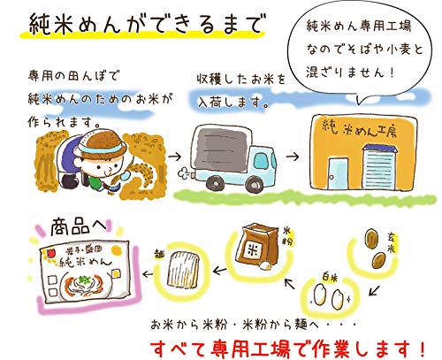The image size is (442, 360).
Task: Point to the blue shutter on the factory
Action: [379, 167]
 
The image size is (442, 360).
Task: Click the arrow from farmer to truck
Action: [175, 157]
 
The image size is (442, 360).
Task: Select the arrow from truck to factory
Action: [293, 157]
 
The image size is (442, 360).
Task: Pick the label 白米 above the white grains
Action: [329, 278]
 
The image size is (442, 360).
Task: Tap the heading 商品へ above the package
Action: [79, 227]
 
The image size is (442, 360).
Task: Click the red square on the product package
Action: [50, 253]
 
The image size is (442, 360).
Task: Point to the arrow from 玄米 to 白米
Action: [374, 290]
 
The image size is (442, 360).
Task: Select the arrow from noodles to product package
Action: [148, 274]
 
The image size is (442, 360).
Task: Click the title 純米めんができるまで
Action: [145, 23]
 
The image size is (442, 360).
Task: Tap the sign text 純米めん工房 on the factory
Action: [360, 130]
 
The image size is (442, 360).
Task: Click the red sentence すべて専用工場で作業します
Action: [288, 349]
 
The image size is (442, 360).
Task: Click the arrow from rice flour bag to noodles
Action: [219, 270]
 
